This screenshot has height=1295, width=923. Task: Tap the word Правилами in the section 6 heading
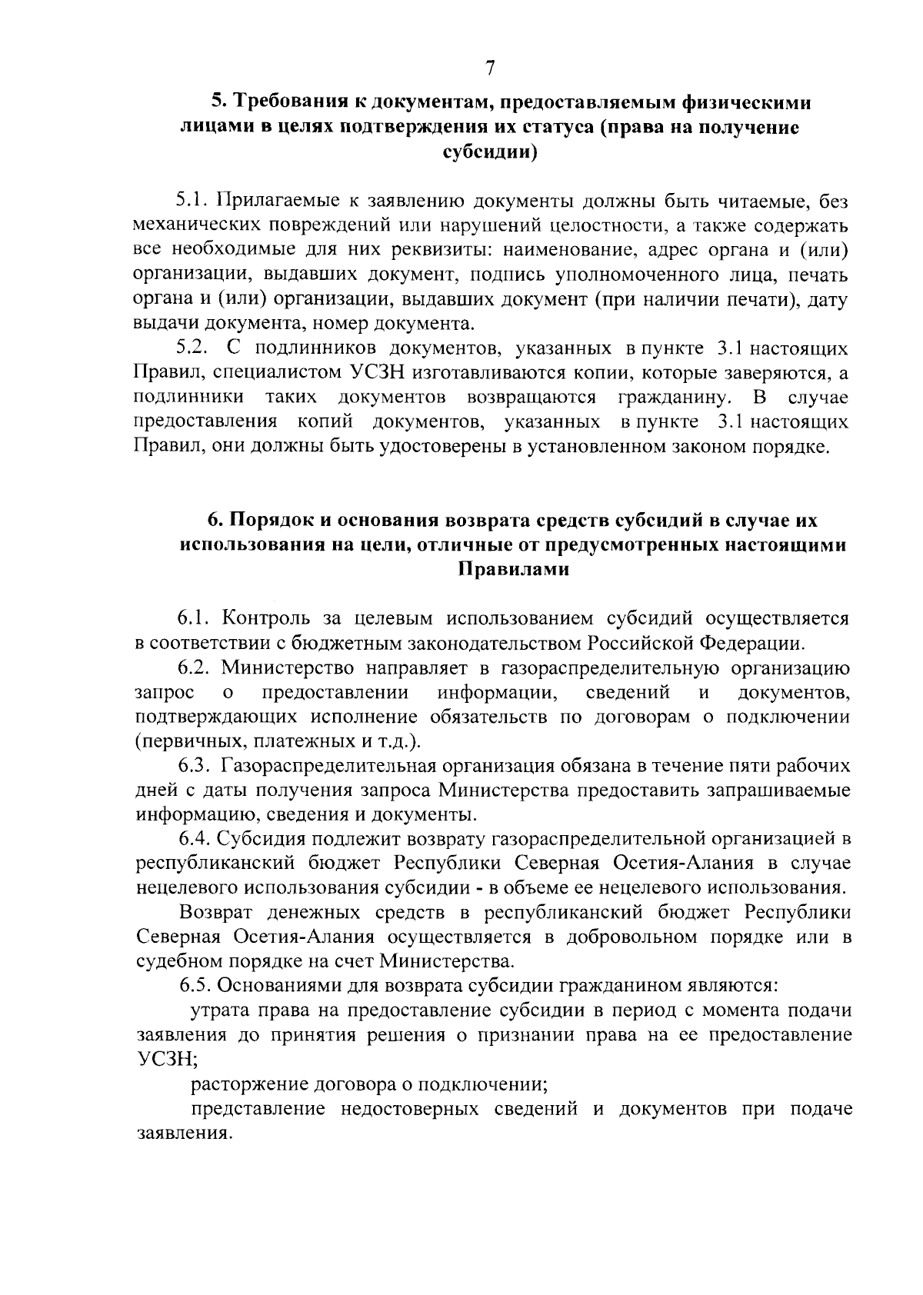click(513, 570)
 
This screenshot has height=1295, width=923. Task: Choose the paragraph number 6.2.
click(196, 667)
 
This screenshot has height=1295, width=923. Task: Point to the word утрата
click(218, 1010)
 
